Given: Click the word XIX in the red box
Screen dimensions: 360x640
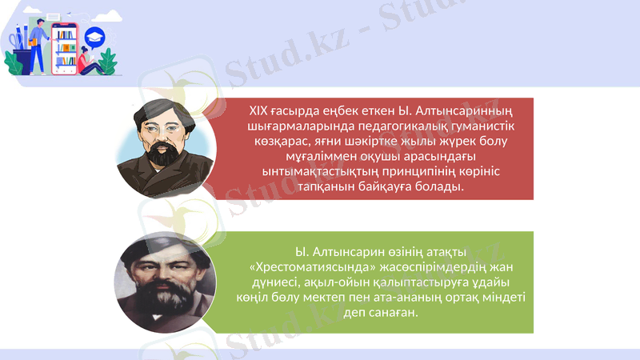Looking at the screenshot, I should point(258,111).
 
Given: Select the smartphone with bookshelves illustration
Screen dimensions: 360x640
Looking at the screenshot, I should point(64,47).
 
